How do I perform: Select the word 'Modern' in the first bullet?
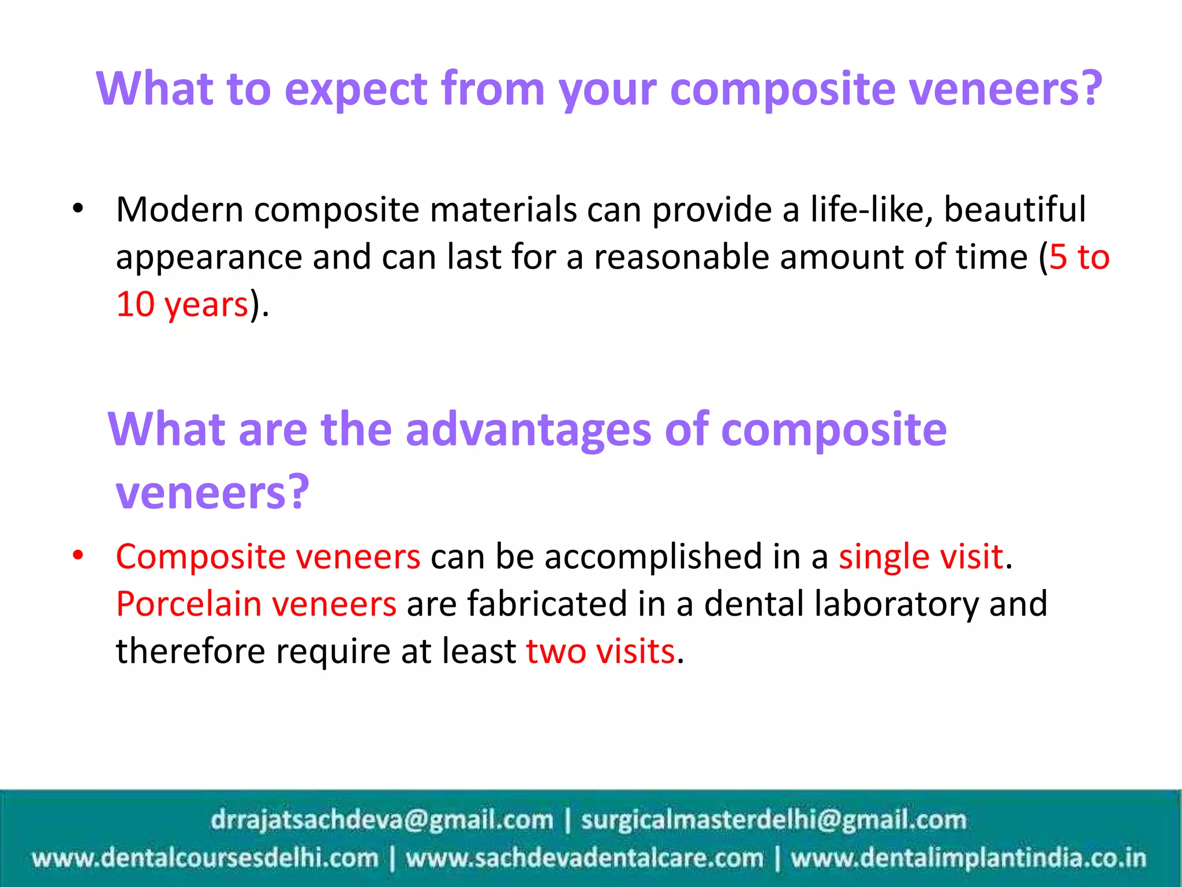179,209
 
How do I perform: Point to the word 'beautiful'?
1015,209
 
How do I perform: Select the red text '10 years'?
182,304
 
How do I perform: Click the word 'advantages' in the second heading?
528,430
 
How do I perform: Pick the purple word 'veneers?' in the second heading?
212,492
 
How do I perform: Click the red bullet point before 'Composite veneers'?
78,556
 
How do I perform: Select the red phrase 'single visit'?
921,557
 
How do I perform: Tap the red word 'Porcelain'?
189,604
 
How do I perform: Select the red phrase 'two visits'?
600,651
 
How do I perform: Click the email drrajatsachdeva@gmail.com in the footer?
381,820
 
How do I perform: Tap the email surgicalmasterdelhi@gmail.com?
773,820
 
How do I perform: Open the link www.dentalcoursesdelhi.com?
205,858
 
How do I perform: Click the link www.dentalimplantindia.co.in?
968,858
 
